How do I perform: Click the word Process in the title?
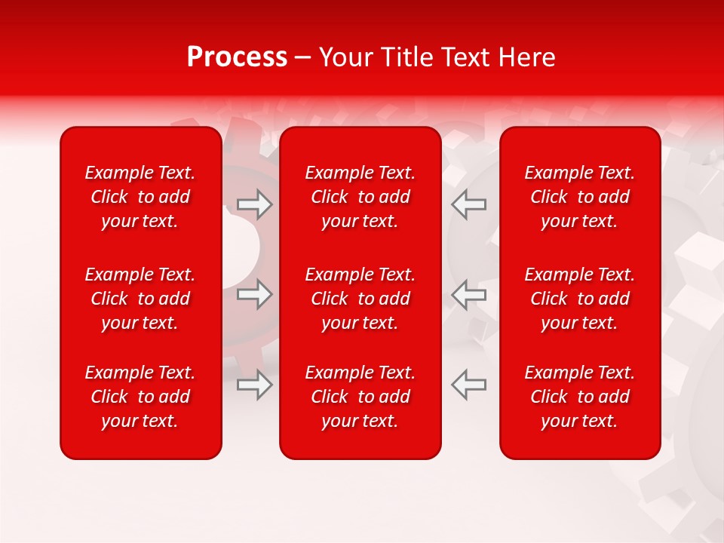(237, 57)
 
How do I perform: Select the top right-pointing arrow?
(255, 204)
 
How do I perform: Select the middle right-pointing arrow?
(255, 294)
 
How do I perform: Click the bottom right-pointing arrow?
(255, 385)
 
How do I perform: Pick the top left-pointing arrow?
(468, 204)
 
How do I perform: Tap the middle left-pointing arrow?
(468, 294)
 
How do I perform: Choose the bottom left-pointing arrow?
(468, 385)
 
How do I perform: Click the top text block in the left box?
(140, 197)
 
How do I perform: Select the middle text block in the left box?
(140, 299)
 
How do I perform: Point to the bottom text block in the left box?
(140, 397)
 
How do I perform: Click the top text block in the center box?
(360, 197)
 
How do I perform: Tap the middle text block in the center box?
(360, 299)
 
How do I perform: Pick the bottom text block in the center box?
(360, 397)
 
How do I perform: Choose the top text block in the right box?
(579, 197)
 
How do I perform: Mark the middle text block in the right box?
(579, 299)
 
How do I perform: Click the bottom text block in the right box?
(579, 397)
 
